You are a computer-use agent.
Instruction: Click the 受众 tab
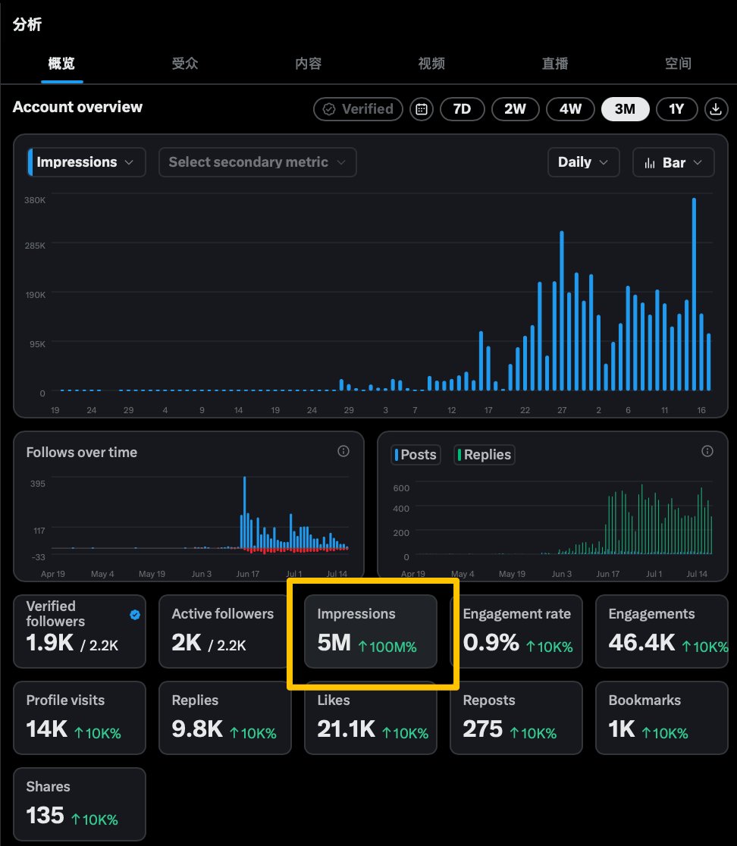point(185,64)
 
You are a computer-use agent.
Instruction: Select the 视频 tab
point(431,64)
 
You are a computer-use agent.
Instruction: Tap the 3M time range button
point(625,109)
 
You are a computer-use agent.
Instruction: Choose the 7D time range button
point(462,109)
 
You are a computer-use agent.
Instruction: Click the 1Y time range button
point(676,109)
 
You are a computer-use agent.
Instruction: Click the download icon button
point(716,109)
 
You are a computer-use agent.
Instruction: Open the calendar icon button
point(422,109)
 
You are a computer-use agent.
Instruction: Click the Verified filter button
point(358,109)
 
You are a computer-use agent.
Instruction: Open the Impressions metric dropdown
point(86,162)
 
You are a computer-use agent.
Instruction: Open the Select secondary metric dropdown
point(257,162)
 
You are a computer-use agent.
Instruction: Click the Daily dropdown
point(583,162)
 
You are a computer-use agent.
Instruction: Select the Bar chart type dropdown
point(673,162)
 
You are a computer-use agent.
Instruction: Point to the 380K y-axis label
point(35,200)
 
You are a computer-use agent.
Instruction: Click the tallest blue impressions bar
point(694,294)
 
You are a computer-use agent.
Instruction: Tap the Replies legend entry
point(484,455)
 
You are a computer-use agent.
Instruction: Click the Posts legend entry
point(416,455)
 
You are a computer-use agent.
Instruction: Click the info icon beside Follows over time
point(343,451)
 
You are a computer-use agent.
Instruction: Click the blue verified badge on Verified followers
point(135,615)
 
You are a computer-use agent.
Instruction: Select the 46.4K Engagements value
point(641,643)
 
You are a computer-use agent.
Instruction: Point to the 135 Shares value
point(45,815)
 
